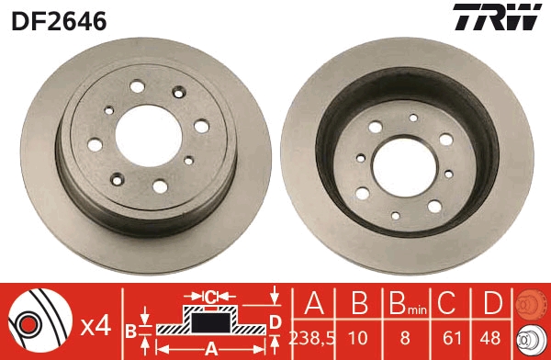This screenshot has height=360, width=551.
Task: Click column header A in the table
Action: pos(313,304)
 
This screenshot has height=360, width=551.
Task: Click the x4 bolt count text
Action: pos(95,325)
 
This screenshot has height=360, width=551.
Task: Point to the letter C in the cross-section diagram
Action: pos(210,297)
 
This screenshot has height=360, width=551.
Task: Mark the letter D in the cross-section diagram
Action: pos(275,321)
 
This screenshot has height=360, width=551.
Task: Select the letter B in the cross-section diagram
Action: pos(130,329)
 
